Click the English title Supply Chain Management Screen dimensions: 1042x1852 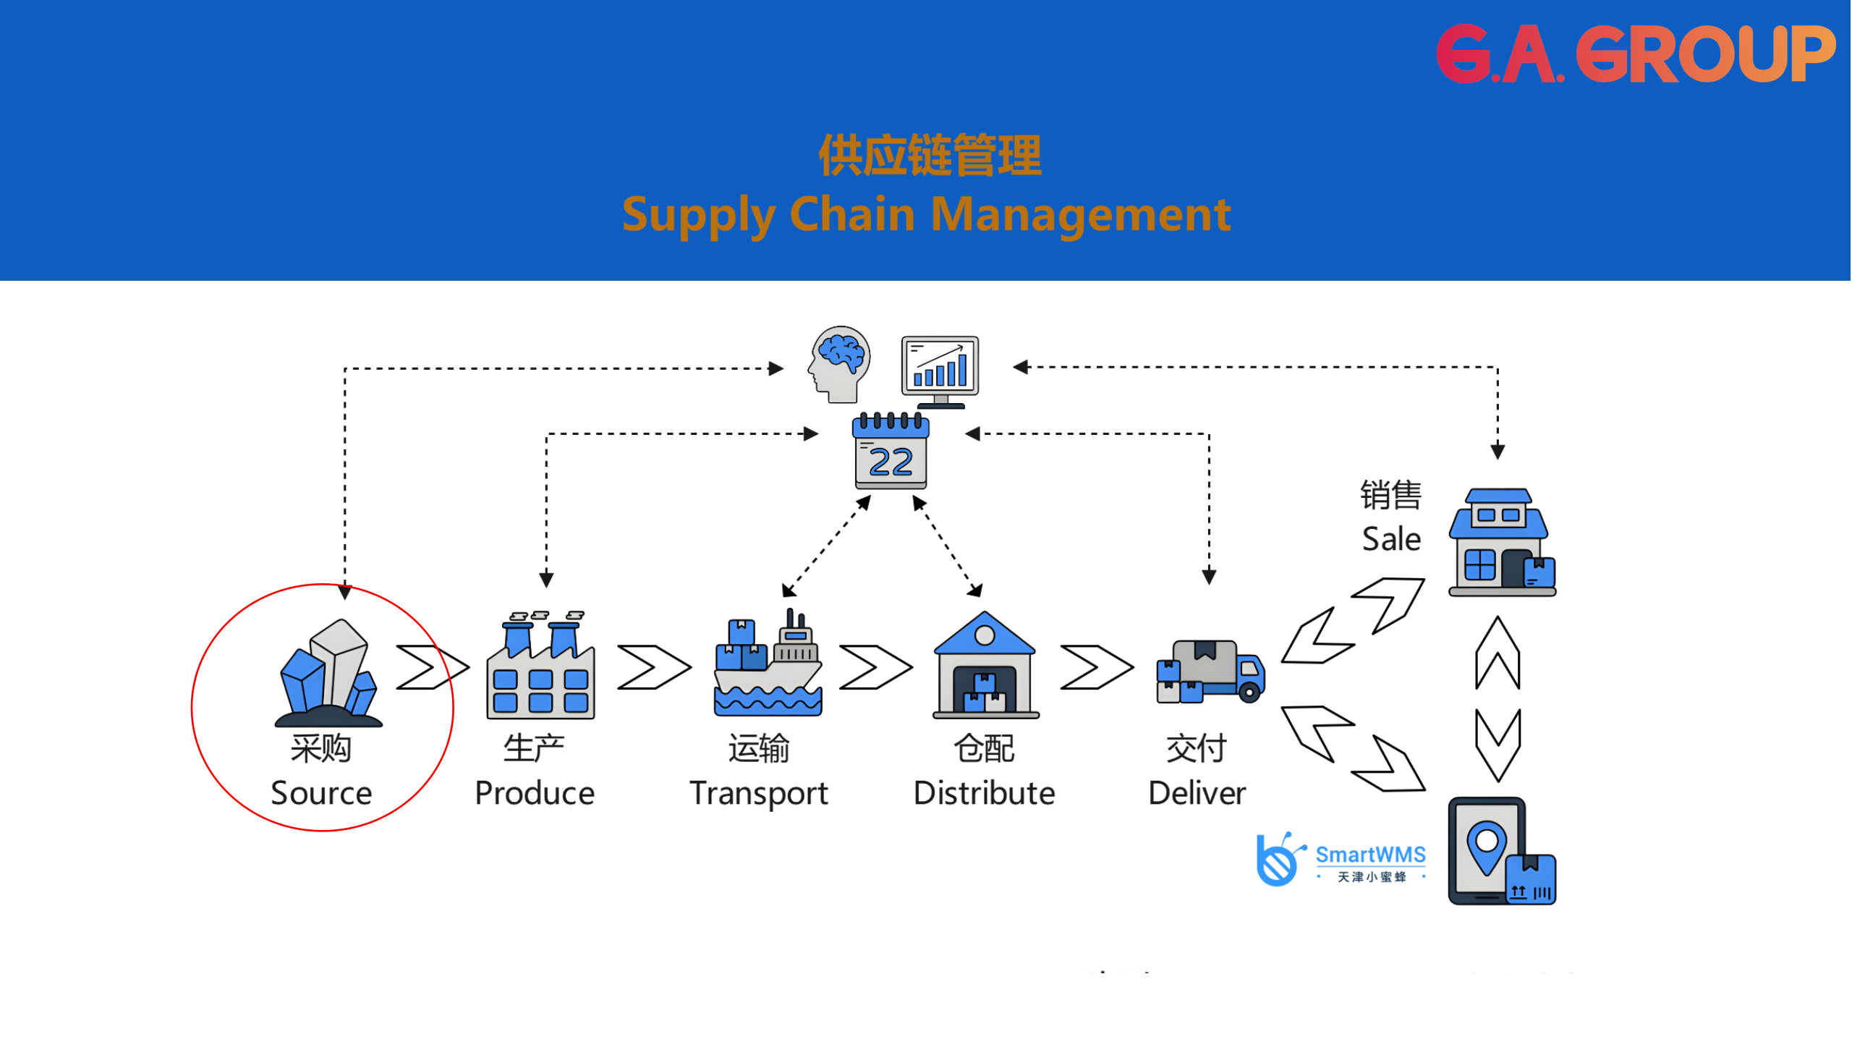(x=926, y=214)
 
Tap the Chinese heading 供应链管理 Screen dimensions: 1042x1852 (x=930, y=155)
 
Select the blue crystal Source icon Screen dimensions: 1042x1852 (x=328, y=673)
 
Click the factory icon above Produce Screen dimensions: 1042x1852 (x=540, y=666)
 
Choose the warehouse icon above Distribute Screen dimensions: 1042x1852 (x=985, y=666)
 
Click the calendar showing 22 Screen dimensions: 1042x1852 (x=891, y=452)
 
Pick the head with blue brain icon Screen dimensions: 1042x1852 (x=839, y=363)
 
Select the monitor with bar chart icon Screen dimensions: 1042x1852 (x=940, y=370)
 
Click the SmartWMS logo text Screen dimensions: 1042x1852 (x=1370, y=855)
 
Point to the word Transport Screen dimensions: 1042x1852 (x=758, y=794)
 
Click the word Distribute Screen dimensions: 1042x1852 (x=984, y=794)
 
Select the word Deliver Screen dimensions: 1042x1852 (x=1197, y=794)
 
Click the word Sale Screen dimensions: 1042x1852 (x=1390, y=539)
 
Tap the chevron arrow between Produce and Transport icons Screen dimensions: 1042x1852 (x=654, y=667)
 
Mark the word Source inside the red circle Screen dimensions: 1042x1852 (x=321, y=794)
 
